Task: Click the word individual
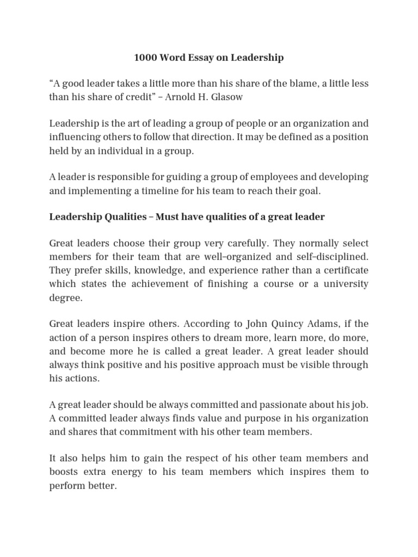click(119, 151)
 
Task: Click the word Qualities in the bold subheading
click(123, 217)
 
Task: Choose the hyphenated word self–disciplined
click(333, 256)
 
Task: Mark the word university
click(343, 283)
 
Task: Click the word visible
click(325, 364)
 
